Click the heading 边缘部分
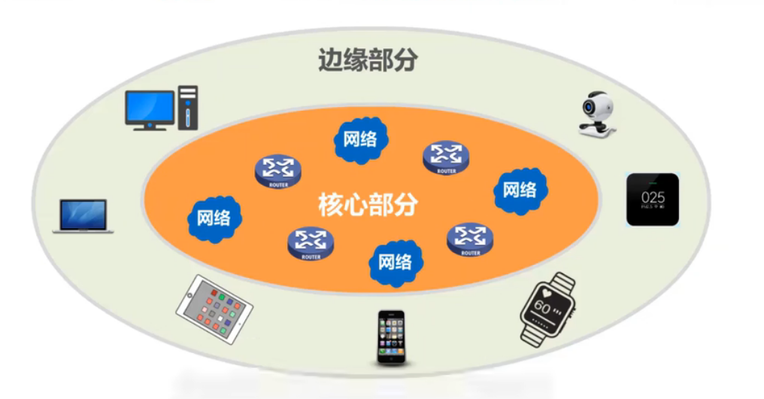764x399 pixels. pyautogui.click(x=367, y=60)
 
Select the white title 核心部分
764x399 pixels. pyautogui.click(x=368, y=204)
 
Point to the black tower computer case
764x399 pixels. pyautogui.click(x=187, y=107)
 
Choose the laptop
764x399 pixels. pyautogui.click(x=83, y=216)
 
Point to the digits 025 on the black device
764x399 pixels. pyautogui.click(x=652, y=198)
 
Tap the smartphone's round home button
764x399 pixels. pyautogui.click(x=390, y=360)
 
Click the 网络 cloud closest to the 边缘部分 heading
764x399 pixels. pyautogui.click(x=360, y=139)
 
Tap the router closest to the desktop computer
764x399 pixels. pyautogui.click(x=277, y=170)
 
